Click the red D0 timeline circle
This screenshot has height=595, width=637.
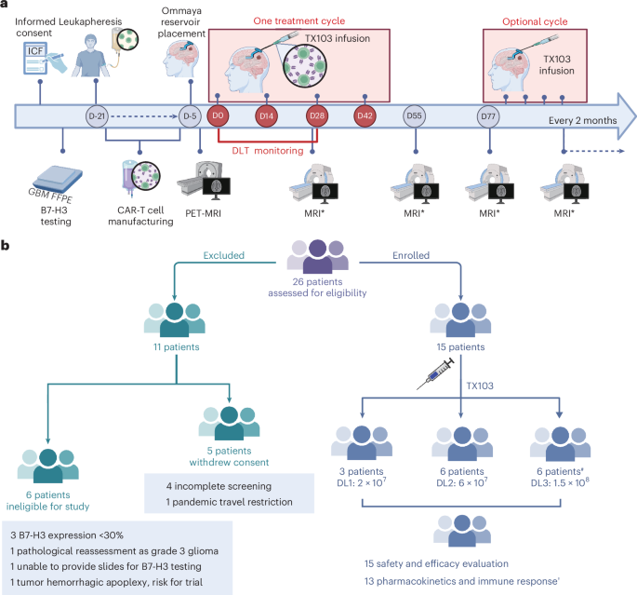click(x=218, y=115)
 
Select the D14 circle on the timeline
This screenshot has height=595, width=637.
click(x=267, y=115)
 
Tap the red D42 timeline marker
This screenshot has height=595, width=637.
click(x=365, y=115)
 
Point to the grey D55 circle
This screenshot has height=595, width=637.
click(x=414, y=115)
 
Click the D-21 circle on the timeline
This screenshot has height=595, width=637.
click(x=97, y=116)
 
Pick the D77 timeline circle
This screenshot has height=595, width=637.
click(x=488, y=116)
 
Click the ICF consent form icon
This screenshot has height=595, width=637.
click(x=35, y=59)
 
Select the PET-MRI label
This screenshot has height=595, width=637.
click(x=203, y=213)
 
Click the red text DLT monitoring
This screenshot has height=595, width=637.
click(x=268, y=151)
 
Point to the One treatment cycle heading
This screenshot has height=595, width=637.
click(x=299, y=21)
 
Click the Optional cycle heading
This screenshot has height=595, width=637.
click(x=535, y=22)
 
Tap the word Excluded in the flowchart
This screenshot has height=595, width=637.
click(x=224, y=255)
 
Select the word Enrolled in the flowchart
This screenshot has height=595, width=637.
click(x=411, y=255)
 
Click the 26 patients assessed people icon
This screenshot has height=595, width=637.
click(x=318, y=256)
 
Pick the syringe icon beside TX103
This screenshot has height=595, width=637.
click(x=435, y=373)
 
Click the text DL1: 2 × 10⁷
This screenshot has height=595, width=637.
click(x=362, y=482)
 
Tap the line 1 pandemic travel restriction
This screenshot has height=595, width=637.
click(x=229, y=502)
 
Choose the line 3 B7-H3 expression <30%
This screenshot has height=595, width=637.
click(x=67, y=535)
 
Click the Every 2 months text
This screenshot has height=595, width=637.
click(x=582, y=121)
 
